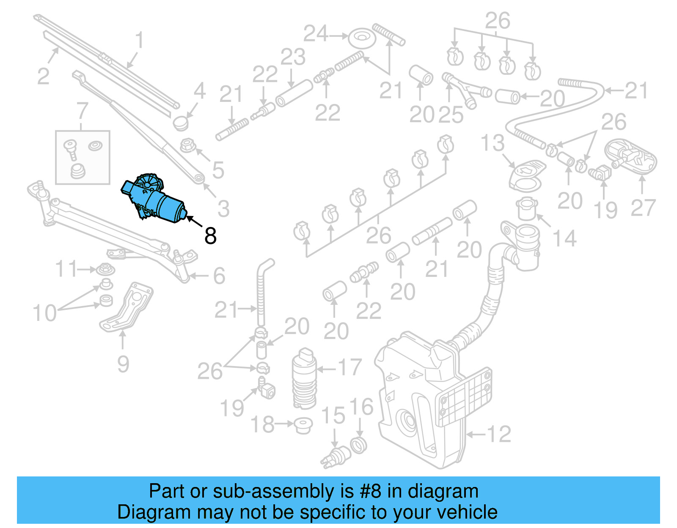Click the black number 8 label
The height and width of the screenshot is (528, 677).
click(210, 236)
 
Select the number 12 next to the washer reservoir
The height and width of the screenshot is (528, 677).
click(499, 434)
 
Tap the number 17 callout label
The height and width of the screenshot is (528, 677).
click(350, 368)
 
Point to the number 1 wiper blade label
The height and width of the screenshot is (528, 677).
click(140, 41)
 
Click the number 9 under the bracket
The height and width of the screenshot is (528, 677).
click(123, 364)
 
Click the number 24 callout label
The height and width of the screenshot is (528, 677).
click(316, 34)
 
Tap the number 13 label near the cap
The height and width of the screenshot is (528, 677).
click(493, 143)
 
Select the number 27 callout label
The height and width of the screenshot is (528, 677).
click(643, 208)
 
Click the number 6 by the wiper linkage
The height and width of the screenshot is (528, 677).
click(219, 276)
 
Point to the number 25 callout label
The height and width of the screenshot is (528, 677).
click(451, 115)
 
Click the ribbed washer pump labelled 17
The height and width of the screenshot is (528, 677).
click(304, 379)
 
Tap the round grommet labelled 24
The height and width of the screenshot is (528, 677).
click(362, 38)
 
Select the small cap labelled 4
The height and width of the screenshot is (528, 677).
click(181, 123)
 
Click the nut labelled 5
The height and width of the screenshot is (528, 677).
click(187, 146)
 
